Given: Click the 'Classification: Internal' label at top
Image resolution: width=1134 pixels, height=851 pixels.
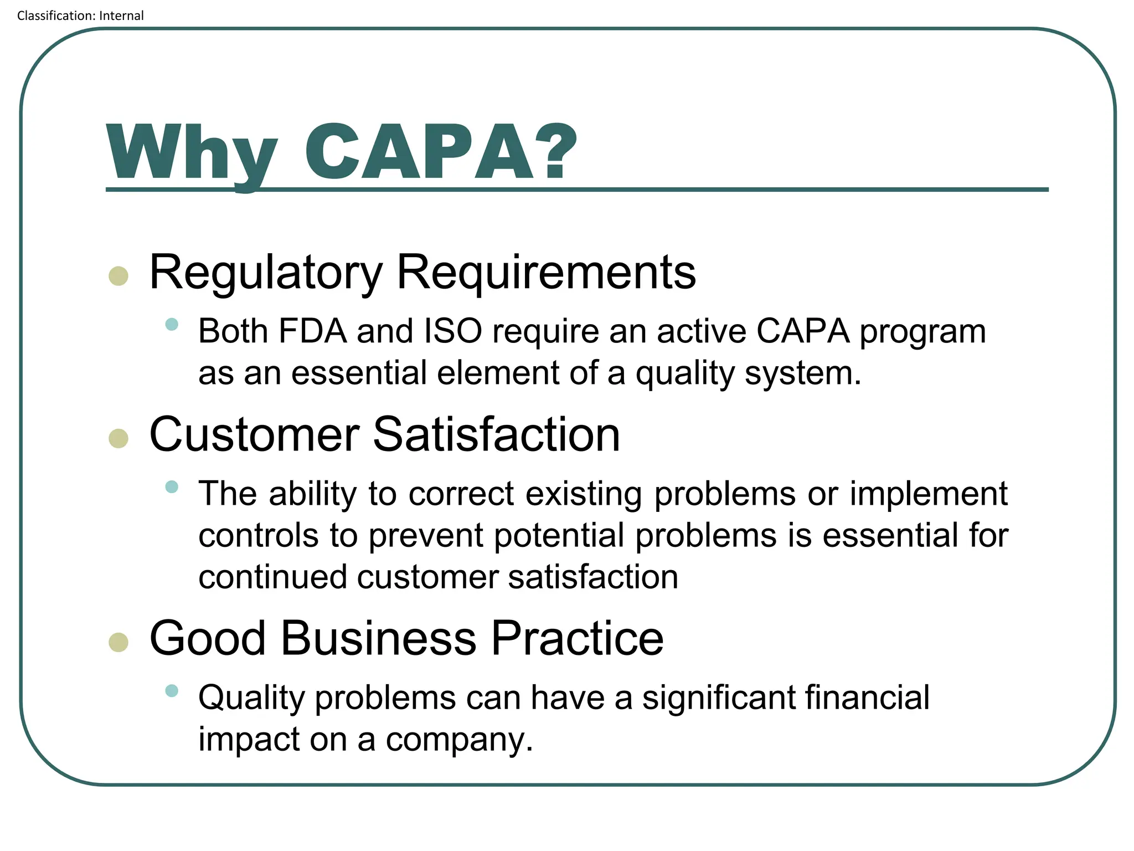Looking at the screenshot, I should point(80,16).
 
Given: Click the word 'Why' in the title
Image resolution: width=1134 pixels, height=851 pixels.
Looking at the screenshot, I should point(191,152).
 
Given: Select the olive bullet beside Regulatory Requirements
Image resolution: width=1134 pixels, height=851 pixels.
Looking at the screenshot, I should point(118,275).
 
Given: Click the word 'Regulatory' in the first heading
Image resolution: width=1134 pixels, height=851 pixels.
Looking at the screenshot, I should point(266,273).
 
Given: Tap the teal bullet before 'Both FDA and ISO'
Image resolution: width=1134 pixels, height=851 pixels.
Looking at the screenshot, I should point(172,325).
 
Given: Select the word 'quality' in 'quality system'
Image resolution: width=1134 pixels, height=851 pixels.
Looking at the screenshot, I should point(684,374).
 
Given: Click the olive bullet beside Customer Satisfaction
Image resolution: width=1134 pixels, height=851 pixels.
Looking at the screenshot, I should point(118,438).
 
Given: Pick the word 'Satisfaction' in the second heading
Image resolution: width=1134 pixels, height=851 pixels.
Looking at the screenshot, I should point(496,435).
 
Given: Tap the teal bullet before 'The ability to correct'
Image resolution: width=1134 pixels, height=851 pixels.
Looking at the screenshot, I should point(172,487).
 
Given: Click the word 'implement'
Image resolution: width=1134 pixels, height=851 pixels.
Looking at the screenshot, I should point(929,494).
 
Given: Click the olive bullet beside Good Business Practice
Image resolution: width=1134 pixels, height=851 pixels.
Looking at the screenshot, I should point(118,642).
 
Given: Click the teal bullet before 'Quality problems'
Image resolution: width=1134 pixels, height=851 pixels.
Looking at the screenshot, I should point(172,691).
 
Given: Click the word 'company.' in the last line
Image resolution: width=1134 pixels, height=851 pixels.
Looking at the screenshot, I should point(459,740).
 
